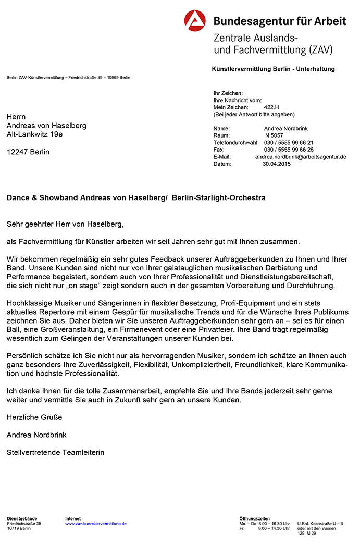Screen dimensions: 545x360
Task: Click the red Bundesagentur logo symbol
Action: click(195, 21)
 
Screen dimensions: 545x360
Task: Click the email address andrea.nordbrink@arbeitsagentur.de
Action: click(301, 156)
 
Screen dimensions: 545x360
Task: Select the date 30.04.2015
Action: click(277, 164)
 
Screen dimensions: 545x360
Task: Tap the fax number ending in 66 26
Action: click(289, 150)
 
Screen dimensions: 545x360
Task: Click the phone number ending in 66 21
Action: click(289, 142)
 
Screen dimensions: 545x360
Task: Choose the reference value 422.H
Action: click(272, 107)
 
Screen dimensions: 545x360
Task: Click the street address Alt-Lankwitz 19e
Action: click(34, 134)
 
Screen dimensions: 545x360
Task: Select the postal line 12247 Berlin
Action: click(28, 152)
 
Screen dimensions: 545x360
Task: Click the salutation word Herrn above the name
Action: click(16, 117)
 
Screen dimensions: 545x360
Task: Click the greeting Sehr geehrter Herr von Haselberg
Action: click(66, 224)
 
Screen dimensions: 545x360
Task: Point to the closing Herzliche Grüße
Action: click(34, 417)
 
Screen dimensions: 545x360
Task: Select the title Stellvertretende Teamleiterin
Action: click(55, 452)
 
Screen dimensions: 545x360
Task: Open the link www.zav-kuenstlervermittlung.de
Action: click(96, 524)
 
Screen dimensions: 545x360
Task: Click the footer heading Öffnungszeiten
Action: click(255, 519)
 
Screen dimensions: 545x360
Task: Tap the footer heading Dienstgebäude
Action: click(22, 519)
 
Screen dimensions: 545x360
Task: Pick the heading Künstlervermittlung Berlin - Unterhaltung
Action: click(274, 69)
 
